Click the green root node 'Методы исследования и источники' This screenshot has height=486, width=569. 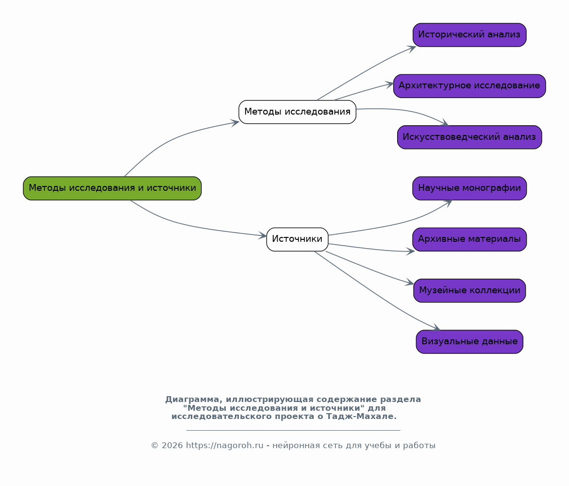(112, 188)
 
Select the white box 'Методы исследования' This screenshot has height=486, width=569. (297, 112)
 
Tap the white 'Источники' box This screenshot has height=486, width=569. (297, 239)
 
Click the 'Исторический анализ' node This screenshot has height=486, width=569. (469, 35)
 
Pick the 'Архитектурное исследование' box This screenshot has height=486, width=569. (469, 86)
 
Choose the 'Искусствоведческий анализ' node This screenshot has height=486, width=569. (469, 137)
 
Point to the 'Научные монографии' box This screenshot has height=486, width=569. (469, 188)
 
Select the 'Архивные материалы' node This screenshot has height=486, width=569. (469, 239)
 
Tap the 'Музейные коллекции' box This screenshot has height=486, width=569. (469, 290)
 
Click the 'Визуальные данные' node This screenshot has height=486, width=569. (469, 341)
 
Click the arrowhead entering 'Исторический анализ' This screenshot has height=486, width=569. (412, 48)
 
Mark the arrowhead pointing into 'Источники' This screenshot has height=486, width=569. (262, 235)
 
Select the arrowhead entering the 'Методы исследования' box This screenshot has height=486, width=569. (235, 123)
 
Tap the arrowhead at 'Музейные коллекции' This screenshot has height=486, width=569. (409, 283)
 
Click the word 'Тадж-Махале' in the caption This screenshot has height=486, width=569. (361, 416)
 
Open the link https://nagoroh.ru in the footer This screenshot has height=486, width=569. (225, 445)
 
